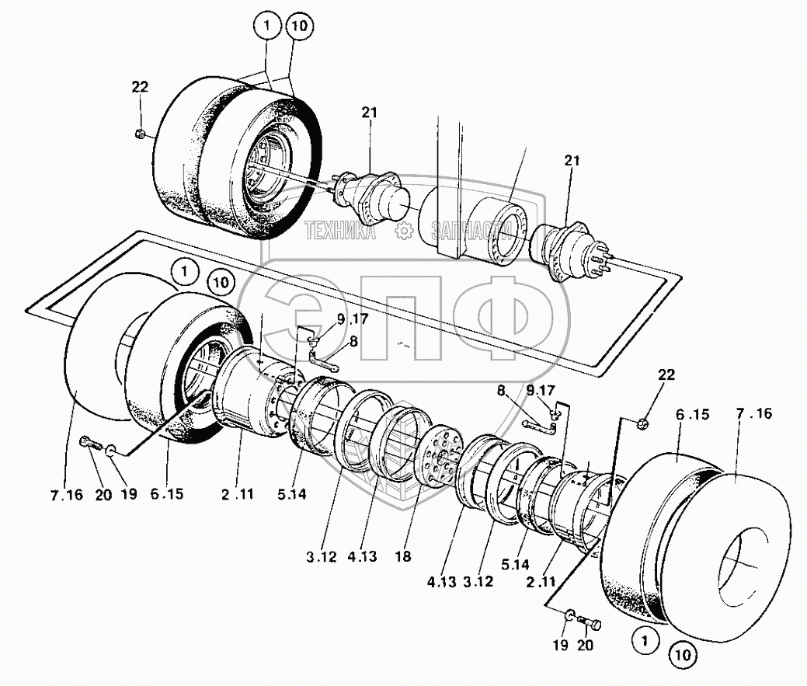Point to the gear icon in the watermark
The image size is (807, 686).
click(x=403, y=232)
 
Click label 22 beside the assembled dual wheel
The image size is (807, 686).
click(x=139, y=88)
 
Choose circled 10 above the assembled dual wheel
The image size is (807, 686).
click(x=298, y=27)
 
